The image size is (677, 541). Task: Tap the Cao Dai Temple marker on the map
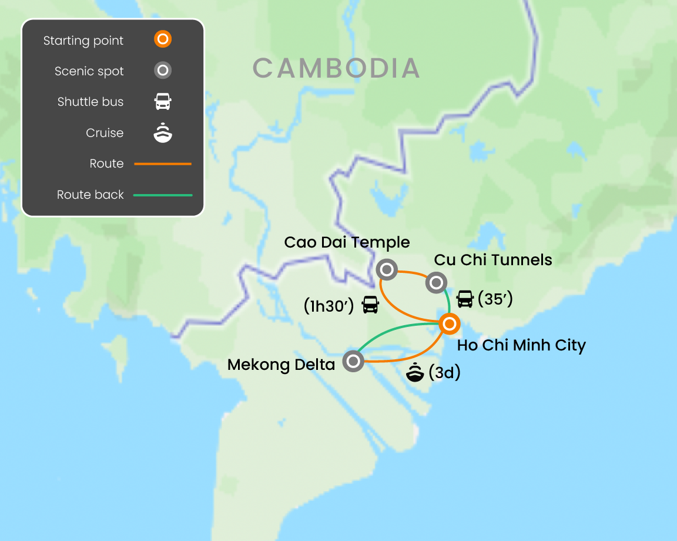pyautogui.click(x=387, y=270)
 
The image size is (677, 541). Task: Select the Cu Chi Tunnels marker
pyautogui.click(x=436, y=283)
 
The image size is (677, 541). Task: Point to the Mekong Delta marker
pyautogui.click(x=353, y=361)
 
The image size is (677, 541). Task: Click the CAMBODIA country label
pyautogui.click(x=336, y=68)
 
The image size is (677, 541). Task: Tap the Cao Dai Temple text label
pyautogui.click(x=347, y=242)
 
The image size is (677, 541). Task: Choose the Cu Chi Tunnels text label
pyautogui.click(x=493, y=260)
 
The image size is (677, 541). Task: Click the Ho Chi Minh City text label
pyautogui.click(x=521, y=345)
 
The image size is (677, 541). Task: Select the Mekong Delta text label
pyautogui.click(x=281, y=365)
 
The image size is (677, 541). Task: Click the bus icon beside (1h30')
pyautogui.click(x=370, y=305)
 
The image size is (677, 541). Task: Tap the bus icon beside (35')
pyautogui.click(x=465, y=299)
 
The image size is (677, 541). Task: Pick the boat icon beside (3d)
pyautogui.click(x=415, y=373)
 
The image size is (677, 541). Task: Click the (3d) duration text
pyautogui.click(x=444, y=373)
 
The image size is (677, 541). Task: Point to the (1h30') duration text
pyautogui.click(x=329, y=305)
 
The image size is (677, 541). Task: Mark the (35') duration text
pyautogui.click(x=495, y=299)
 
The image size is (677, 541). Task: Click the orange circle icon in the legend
pyautogui.click(x=163, y=40)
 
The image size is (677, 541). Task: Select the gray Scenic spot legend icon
pyautogui.click(x=163, y=71)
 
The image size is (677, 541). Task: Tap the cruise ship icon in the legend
pyautogui.click(x=163, y=133)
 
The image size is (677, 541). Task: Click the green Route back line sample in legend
pyautogui.click(x=163, y=195)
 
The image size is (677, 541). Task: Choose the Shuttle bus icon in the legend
pyautogui.click(x=163, y=102)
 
